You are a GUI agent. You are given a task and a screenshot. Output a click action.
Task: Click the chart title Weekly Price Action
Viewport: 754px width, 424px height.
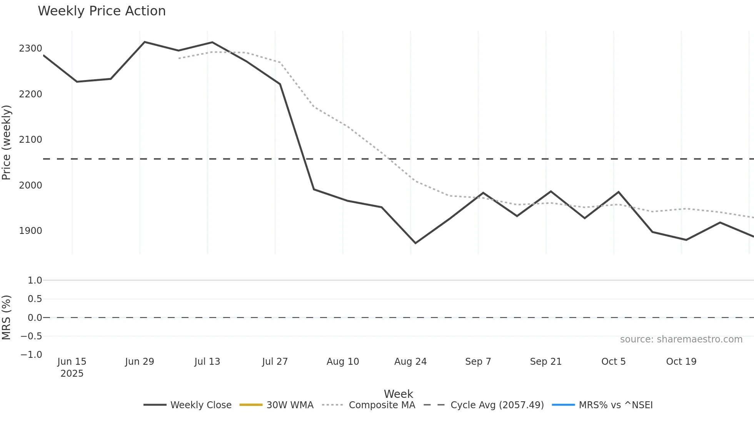(x=102, y=11)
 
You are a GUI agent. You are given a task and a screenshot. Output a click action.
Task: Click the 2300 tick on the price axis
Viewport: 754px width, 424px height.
(x=30, y=48)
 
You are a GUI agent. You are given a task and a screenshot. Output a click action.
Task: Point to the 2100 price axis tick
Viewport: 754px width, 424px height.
(x=30, y=140)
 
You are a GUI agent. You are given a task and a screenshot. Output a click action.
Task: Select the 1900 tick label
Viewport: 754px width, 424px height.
(x=30, y=231)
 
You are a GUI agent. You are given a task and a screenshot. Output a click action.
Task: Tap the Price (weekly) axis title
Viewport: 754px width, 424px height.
(x=7, y=142)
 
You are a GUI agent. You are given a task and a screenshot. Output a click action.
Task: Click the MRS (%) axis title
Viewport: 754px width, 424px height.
(x=7, y=317)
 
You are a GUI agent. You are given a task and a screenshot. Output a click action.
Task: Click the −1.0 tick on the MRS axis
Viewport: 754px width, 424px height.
(x=31, y=355)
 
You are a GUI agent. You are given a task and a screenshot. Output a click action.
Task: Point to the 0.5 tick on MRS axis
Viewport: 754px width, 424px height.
(x=35, y=299)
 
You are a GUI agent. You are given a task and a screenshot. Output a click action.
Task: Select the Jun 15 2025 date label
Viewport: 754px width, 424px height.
(x=72, y=367)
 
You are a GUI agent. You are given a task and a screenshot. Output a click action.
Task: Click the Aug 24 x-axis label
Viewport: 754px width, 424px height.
(x=410, y=362)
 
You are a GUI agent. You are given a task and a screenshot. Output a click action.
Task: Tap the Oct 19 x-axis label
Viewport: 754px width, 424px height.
(x=681, y=362)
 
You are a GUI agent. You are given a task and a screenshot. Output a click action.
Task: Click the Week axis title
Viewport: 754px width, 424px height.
(x=398, y=394)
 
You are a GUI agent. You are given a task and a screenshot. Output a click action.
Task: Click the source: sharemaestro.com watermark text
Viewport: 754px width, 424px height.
(x=681, y=339)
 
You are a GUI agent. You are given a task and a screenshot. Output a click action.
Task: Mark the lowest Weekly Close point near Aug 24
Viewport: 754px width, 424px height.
(x=415, y=243)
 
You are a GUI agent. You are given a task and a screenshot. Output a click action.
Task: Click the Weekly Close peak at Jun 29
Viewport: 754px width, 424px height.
(x=144, y=42)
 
